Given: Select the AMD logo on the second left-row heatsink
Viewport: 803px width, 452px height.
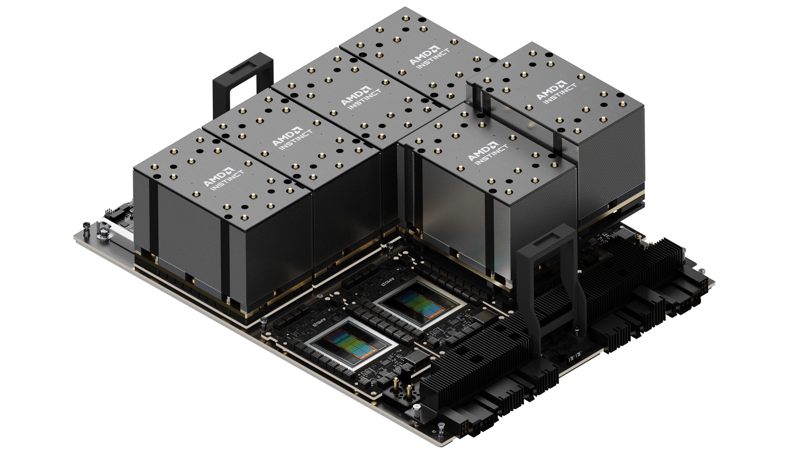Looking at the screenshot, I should click(x=292, y=138).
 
